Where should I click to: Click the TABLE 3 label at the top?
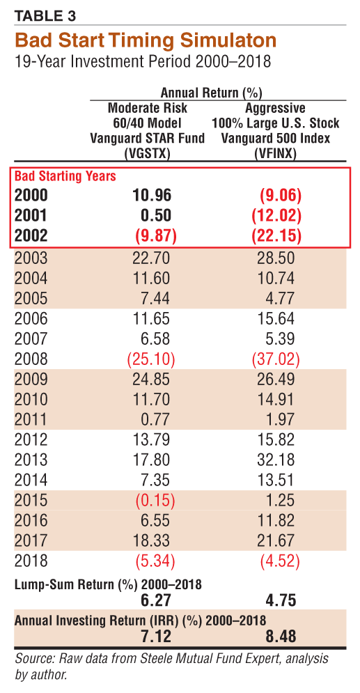coord(45,16)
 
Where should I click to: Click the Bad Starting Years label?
coord(65,176)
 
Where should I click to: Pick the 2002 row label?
coord(31,235)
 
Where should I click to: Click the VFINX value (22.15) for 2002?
coord(276,235)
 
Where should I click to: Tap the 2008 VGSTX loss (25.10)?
coord(151,359)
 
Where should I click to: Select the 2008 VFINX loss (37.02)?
coord(276,359)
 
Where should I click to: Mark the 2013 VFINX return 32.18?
coord(275,460)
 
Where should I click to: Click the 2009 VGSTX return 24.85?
coord(151,379)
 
